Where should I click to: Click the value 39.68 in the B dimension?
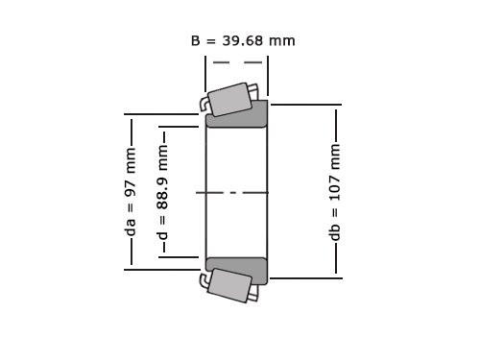pyautogui.click(x=244, y=40)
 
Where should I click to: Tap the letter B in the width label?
pyautogui.click(x=196, y=40)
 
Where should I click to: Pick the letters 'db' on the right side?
pyautogui.click(x=335, y=233)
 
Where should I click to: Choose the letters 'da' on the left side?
pyautogui.click(x=131, y=227)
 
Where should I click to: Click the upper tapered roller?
pyautogui.click(x=228, y=99)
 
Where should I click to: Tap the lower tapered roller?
pyautogui.click(x=228, y=285)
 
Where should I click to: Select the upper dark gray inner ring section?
pyautogui.click(x=237, y=115)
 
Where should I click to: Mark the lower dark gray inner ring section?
pyautogui.click(x=237, y=270)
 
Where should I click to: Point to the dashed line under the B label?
pyautogui.click(x=236, y=62)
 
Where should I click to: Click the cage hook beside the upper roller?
pyautogui.click(x=204, y=102)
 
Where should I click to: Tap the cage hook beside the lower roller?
pyautogui.click(x=204, y=281)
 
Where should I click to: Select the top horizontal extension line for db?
pyautogui.click(x=305, y=105)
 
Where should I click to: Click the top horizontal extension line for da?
pyautogui.click(x=163, y=115)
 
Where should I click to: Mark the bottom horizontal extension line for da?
pyautogui.click(x=163, y=270)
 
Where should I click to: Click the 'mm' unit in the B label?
pyautogui.click(x=283, y=40)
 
